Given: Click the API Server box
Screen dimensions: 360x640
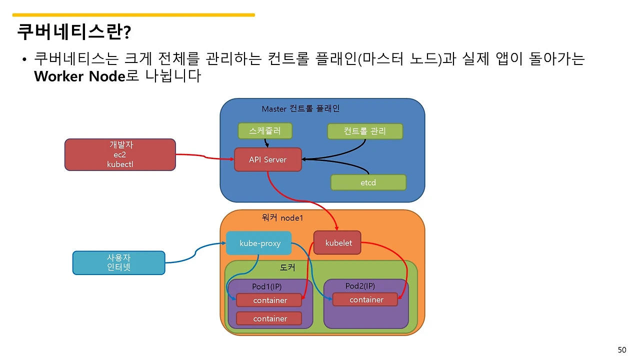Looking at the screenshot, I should coord(267,159).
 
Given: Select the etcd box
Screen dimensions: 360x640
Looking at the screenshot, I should coord(368,182).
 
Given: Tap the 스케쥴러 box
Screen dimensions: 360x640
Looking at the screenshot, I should coord(264,131).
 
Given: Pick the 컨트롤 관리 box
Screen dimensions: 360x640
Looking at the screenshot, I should coord(364,131).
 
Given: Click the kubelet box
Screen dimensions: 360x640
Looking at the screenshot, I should coord(338,243).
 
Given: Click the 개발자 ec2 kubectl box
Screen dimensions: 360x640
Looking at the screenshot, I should coord(120,154).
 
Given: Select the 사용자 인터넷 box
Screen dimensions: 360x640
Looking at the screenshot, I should coord(118,262).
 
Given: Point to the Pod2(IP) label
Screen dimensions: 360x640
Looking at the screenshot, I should coord(360,286).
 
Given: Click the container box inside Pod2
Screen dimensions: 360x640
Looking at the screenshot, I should coord(366,299).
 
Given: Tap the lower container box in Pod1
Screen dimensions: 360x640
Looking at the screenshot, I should coord(269,318).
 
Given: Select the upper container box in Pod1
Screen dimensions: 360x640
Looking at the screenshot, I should coord(269,300).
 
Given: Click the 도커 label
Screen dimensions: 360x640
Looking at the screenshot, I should coord(287,268).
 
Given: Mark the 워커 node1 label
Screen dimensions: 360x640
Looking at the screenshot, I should coord(282,218).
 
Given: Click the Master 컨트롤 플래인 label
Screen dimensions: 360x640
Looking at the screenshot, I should coord(300,108).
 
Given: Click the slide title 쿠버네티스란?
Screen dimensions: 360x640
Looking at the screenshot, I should coord(74,32).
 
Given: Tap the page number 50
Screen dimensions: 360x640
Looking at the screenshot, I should coord(621,349).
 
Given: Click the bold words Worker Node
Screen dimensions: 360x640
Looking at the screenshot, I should coord(79,76).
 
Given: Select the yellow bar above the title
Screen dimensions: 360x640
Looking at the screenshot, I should coord(133,15).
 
